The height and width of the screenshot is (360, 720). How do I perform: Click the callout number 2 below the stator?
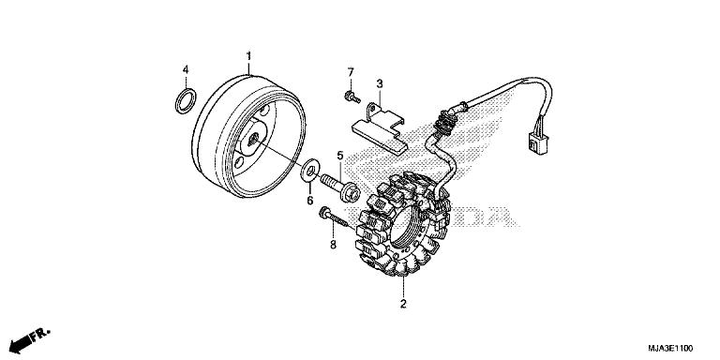coord(404,305)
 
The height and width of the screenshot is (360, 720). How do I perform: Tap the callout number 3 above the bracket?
coord(380,83)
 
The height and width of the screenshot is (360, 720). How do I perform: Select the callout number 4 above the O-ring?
coord(186,69)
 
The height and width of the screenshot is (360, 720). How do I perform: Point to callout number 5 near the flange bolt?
coord(341,156)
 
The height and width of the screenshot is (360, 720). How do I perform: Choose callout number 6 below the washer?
coord(308,199)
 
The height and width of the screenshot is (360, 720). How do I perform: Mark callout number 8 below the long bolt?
coord(332,246)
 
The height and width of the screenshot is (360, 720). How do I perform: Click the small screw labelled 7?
coord(350,96)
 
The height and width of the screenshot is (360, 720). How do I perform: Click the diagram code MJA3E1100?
coord(673,347)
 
